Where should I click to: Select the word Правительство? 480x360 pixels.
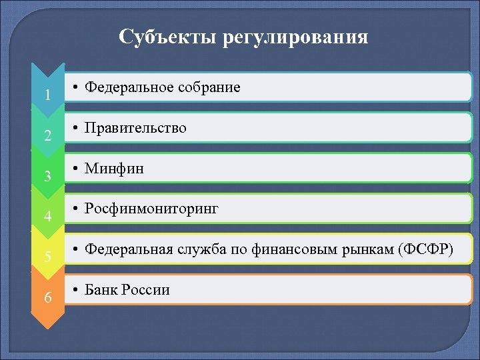click(135, 128)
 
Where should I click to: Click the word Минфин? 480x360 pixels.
click(114, 169)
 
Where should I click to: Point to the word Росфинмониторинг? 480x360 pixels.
click(151, 209)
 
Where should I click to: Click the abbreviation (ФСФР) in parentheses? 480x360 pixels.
click(425, 249)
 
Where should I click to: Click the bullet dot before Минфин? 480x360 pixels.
click(77, 169)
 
